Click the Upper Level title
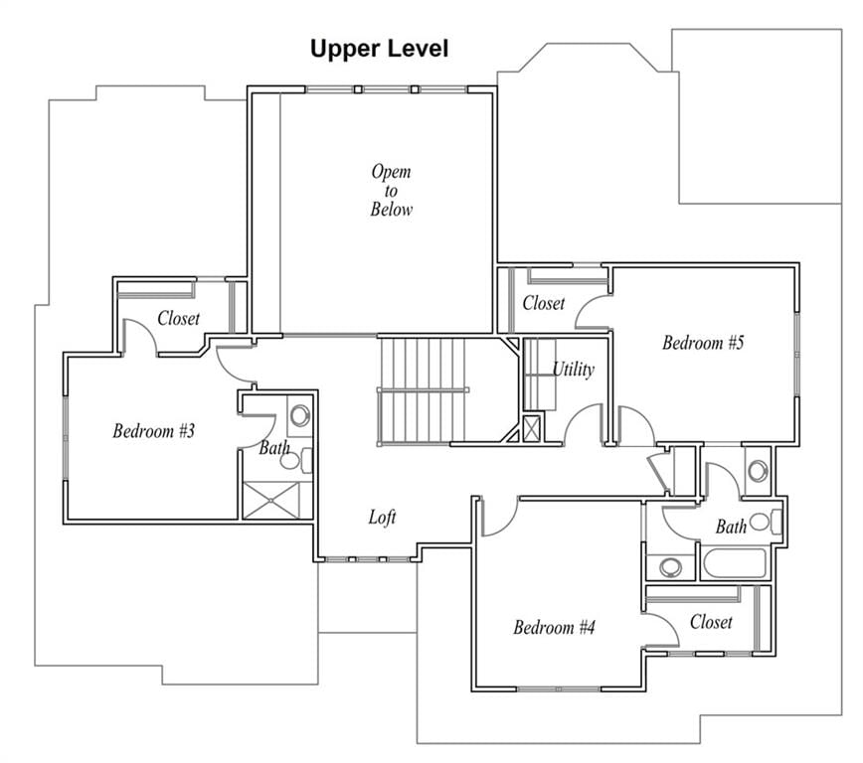pos(379,49)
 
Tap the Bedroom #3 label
pos(153,430)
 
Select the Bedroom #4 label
pos(554,627)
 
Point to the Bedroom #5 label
pos(703,342)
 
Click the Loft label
pos(382,517)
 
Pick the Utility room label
pos(573,369)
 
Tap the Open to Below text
pos(391,190)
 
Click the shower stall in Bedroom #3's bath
pos(271,500)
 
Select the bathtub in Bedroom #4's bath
pos(734,562)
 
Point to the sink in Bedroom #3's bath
pos(300,415)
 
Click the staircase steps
pos(424,389)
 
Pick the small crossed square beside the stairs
pos(531,428)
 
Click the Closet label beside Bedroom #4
pos(711,622)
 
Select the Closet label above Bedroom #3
pos(178,317)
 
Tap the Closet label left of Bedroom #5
pos(543,303)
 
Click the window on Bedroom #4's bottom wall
pos(558,688)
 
